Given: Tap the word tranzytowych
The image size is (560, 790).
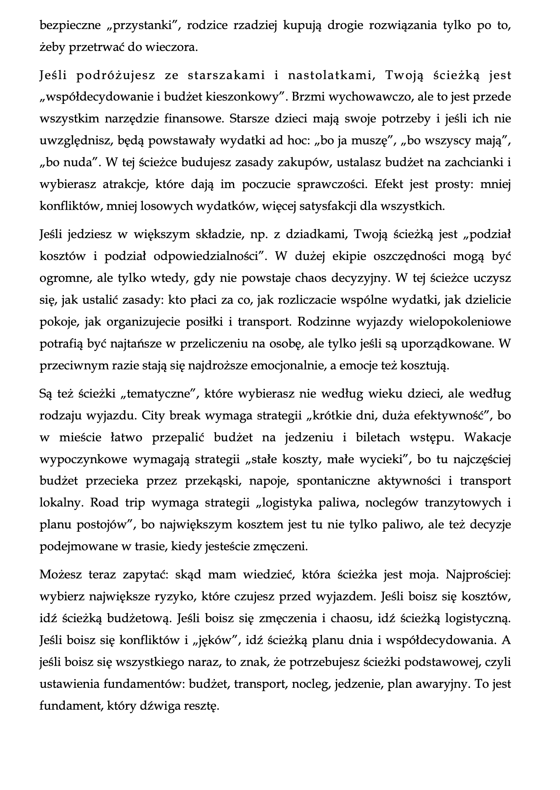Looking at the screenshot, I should [456, 503].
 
